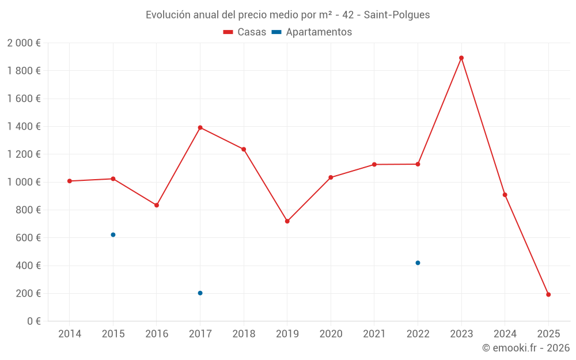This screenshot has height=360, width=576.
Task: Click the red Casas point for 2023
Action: (x=461, y=58)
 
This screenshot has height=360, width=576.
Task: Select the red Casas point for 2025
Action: (x=548, y=294)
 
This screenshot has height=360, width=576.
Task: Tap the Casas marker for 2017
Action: (x=200, y=127)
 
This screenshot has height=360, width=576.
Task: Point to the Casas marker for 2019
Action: (x=287, y=221)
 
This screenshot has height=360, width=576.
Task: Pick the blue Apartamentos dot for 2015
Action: (x=113, y=234)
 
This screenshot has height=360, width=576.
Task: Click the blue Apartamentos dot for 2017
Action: (x=200, y=293)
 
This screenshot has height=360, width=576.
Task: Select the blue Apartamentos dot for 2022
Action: (x=418, y=263)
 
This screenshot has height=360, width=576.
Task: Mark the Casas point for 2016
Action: (x=157, y=205)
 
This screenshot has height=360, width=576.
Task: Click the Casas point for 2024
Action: (x=505, y=195)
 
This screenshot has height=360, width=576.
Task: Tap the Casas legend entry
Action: (x=245, y=32)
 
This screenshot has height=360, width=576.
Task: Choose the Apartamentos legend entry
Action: (x=312, y=32)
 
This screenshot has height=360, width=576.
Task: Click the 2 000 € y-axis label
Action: (x=24, y=43)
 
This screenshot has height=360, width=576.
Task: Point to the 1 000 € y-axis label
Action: (x=24, y=182)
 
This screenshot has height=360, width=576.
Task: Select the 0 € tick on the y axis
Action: (x=33, y=321)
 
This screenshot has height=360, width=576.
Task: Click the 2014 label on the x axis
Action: (x=70, y=334)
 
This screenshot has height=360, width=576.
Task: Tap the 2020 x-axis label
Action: (x=331, y=334)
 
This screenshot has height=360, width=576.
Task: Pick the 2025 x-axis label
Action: (x=548, y=334)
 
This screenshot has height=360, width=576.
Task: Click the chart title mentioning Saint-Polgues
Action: (x=287, y=15)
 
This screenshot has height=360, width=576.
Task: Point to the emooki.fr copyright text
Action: (x=525, y=348)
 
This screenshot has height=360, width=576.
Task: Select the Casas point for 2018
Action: (x=244, y=149)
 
